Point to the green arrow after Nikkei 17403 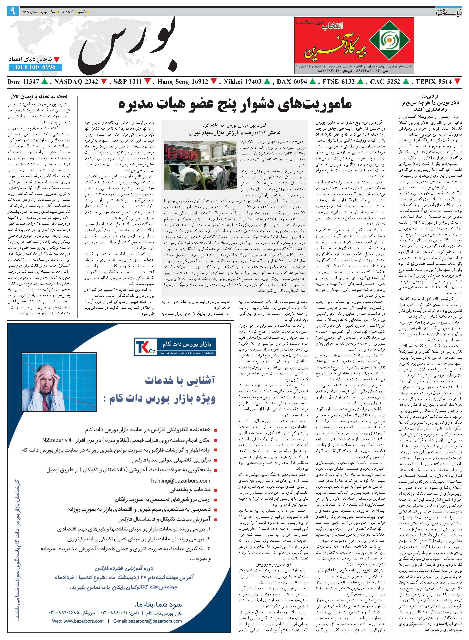(267, 82)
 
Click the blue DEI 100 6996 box (35, 67)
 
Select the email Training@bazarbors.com (180, 481)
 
